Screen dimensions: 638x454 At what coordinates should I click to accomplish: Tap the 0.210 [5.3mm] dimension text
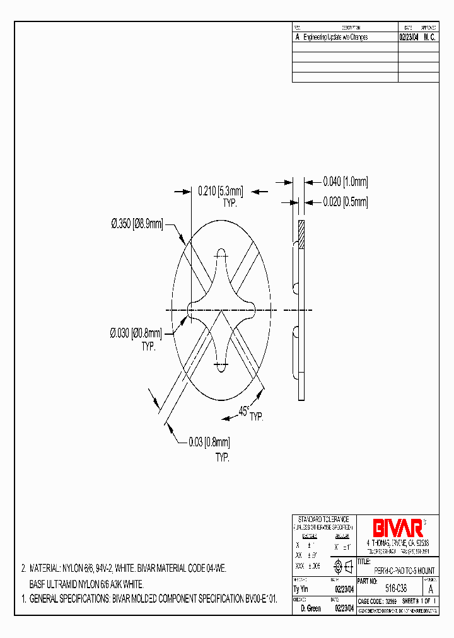coord(220,189)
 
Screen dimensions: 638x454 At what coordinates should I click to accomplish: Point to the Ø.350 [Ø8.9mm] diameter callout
coord(137,223)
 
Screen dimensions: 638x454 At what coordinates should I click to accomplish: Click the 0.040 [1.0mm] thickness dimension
coord(345,182)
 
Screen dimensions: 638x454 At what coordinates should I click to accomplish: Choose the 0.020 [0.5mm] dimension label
coord(345,202)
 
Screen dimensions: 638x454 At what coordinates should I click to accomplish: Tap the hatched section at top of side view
coord(301,235)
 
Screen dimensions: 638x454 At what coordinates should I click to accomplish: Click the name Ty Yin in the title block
coord(301,589)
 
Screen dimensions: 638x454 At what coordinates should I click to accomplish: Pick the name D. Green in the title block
coord(311,608)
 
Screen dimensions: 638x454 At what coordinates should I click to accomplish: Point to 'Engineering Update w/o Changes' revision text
coord(335,37)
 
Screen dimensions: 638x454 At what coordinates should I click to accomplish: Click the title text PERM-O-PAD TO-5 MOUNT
coord(401,570)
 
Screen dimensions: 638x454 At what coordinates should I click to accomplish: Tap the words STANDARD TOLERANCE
coord(323,518)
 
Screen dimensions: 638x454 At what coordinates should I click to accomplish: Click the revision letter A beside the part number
coord(431,589)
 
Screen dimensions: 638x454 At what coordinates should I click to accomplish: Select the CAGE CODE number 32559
coord(392,601)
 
